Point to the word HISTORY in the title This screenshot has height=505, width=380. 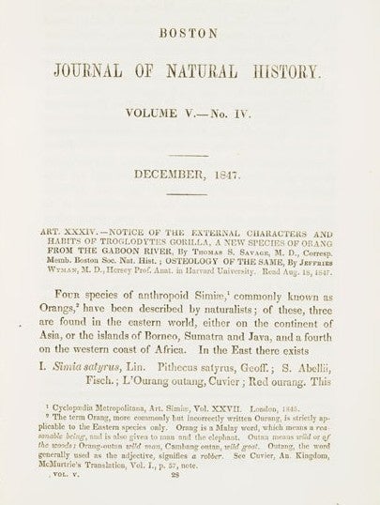300,69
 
